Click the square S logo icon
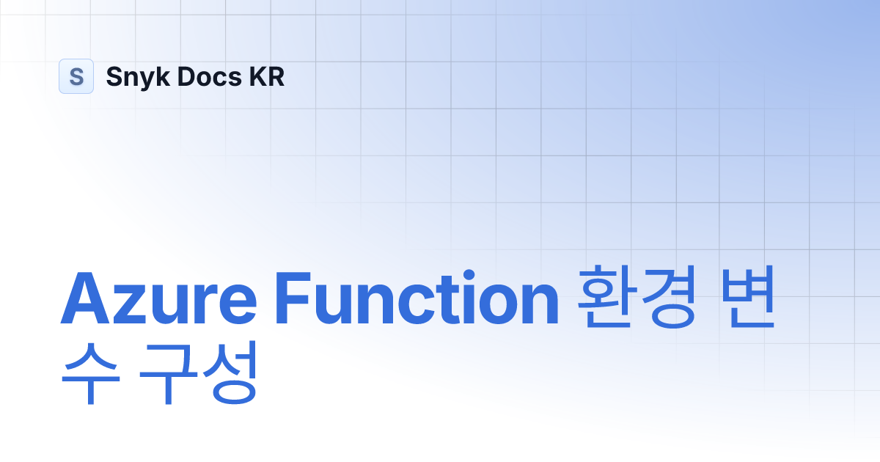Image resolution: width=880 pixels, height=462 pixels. [76, 76]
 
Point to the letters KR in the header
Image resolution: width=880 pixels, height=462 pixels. [266, 76]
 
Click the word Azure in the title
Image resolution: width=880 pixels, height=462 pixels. [158, 301]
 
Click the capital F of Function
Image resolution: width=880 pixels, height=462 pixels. [292, 301]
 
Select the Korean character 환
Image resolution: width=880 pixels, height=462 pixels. [603, 301]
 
